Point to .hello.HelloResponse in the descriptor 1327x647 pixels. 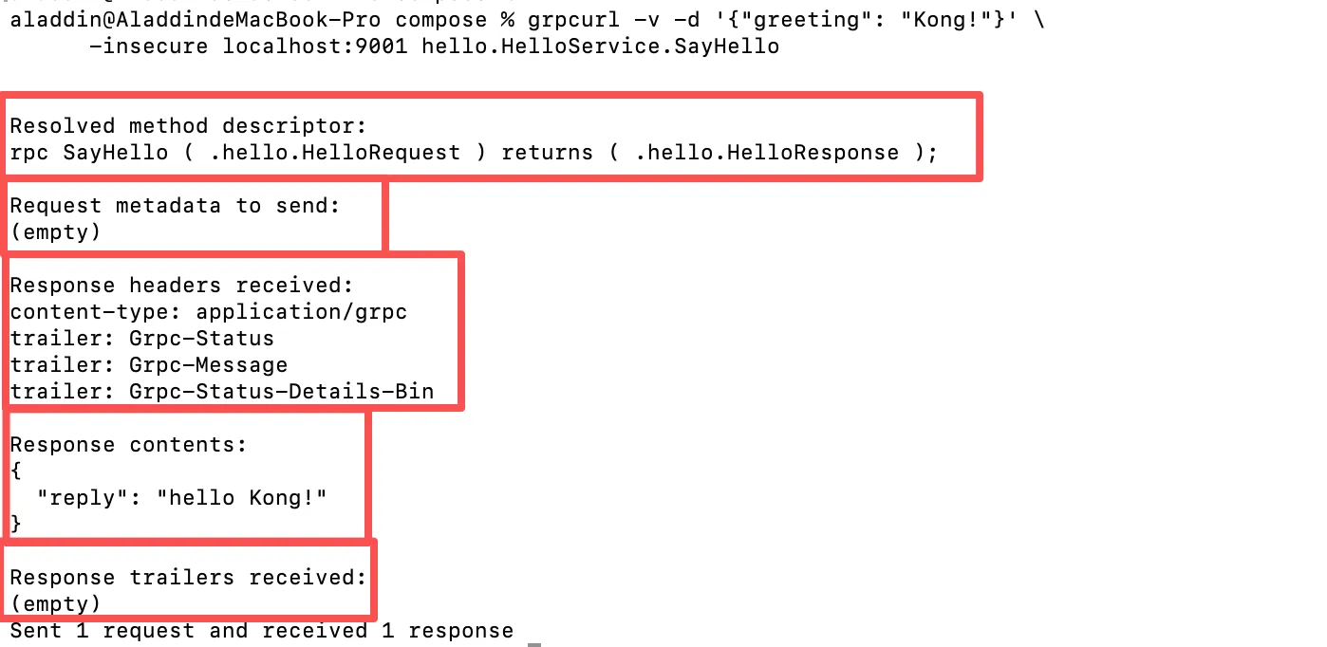pyautogui.click(x=766, y=153)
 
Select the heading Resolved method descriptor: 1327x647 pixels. pyautogui.click(x=188, y=126)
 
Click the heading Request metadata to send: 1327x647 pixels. pyautogui.click(x=175, y=206)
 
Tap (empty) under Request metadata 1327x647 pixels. pyautogui.click(x=55, y=232)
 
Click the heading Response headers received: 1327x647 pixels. pyautogui.click(x=181, y=286)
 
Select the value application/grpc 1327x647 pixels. pyautogui.click(x=301, y=312)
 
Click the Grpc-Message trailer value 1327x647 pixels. pyautogui.click(x=208, y=365)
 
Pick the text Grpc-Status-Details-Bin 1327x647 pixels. pyautogui.click(x=281, y=392)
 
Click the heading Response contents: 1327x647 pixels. pyautogui.click(x=128, y=445)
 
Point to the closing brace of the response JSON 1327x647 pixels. pyautogui.click(x=16, y=524)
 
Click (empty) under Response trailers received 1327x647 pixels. pyautogui.click(x=55, y=604)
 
